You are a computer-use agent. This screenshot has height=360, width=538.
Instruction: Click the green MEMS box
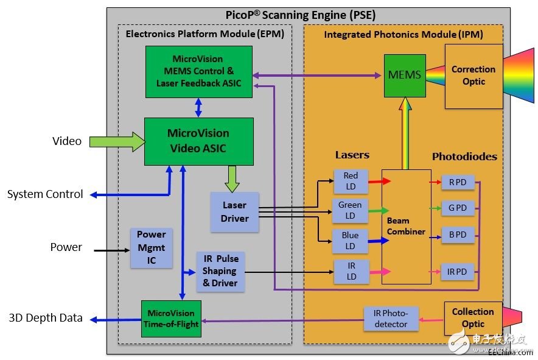pyautogui.click(x=404, y=76)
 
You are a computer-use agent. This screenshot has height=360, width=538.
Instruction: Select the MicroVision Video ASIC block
pyautogui.click(x=198, y=141)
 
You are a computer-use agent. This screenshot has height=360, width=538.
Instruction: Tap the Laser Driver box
pyautogui.click(x=234, y=212)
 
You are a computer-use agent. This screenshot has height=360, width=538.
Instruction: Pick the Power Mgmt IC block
pyautogui.click(x=151, y=248)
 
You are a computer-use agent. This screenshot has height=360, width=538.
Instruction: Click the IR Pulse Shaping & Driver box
pyautogui.click(x=220, y=271)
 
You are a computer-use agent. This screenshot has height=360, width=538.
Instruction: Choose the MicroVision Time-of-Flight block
pyautogui.click(x=172, y=318)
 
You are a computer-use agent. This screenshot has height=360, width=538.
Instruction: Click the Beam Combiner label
pyautogui.click(x=406, y=226)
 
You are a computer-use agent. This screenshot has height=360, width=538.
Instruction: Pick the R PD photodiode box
pyautogui.click(x=458, y=182)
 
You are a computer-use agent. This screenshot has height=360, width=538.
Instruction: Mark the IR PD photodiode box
pyautogui.click(x=458, y=272)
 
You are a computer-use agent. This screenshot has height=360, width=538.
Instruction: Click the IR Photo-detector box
pyautogui.click(x=391, y=318)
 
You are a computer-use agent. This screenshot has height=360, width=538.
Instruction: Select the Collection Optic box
pyautogui.click(x=473, y=317)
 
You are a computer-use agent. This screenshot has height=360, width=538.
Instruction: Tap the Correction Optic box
pyautogui.click(x=473, y=76)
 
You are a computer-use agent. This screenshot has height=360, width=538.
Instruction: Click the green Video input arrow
pyautogui.click(x=116, y=142)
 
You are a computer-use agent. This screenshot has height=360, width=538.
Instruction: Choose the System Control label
pyautogui.click(x=45, y=194)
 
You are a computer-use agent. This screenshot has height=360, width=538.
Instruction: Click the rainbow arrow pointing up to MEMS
pyautogui.click(x=405, y=133)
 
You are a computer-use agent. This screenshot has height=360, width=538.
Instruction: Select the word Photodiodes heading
pyautogui.click(x=464, y=157)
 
